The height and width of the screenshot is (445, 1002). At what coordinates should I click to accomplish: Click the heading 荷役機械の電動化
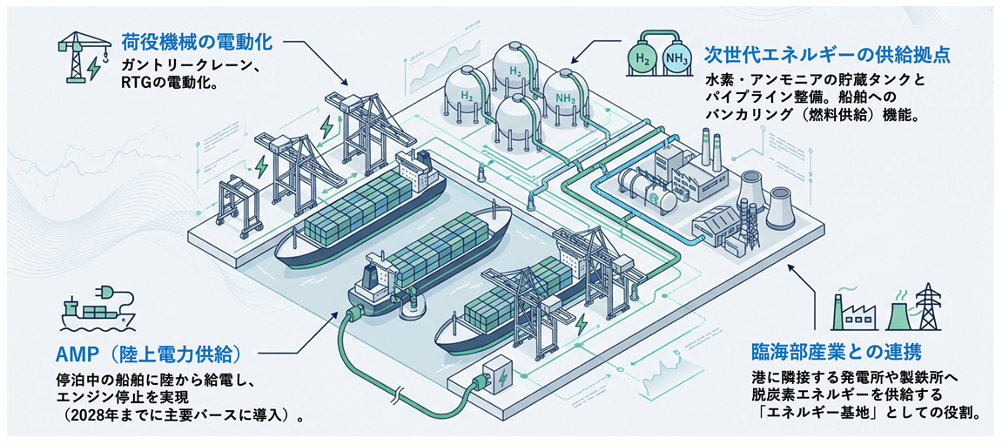[x=199, y=42]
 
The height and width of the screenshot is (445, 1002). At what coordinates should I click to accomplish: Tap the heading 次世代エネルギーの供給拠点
[x=828, y=55]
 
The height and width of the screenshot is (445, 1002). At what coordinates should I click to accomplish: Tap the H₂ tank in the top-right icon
[x=643, y=58]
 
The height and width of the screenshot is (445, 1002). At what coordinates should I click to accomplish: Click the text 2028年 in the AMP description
[x=90, y=415]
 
